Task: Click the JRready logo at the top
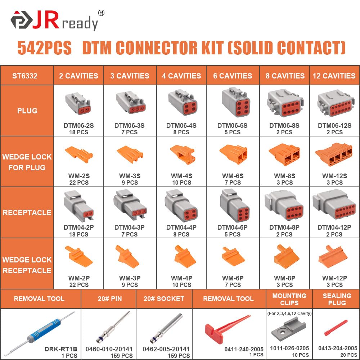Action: [54, 21]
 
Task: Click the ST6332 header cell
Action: [27, 76]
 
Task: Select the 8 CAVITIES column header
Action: [284, 76]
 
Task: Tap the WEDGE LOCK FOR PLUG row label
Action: [27, 162]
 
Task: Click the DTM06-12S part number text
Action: [334, 126]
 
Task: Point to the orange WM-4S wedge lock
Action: [182, 155]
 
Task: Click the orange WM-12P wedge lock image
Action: [333, 256]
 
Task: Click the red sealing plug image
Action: [336, 328]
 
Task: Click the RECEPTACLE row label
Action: [27, 212]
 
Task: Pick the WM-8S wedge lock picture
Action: [284, 155]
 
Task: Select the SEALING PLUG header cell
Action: [337, 299]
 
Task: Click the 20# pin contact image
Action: [110, 328]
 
